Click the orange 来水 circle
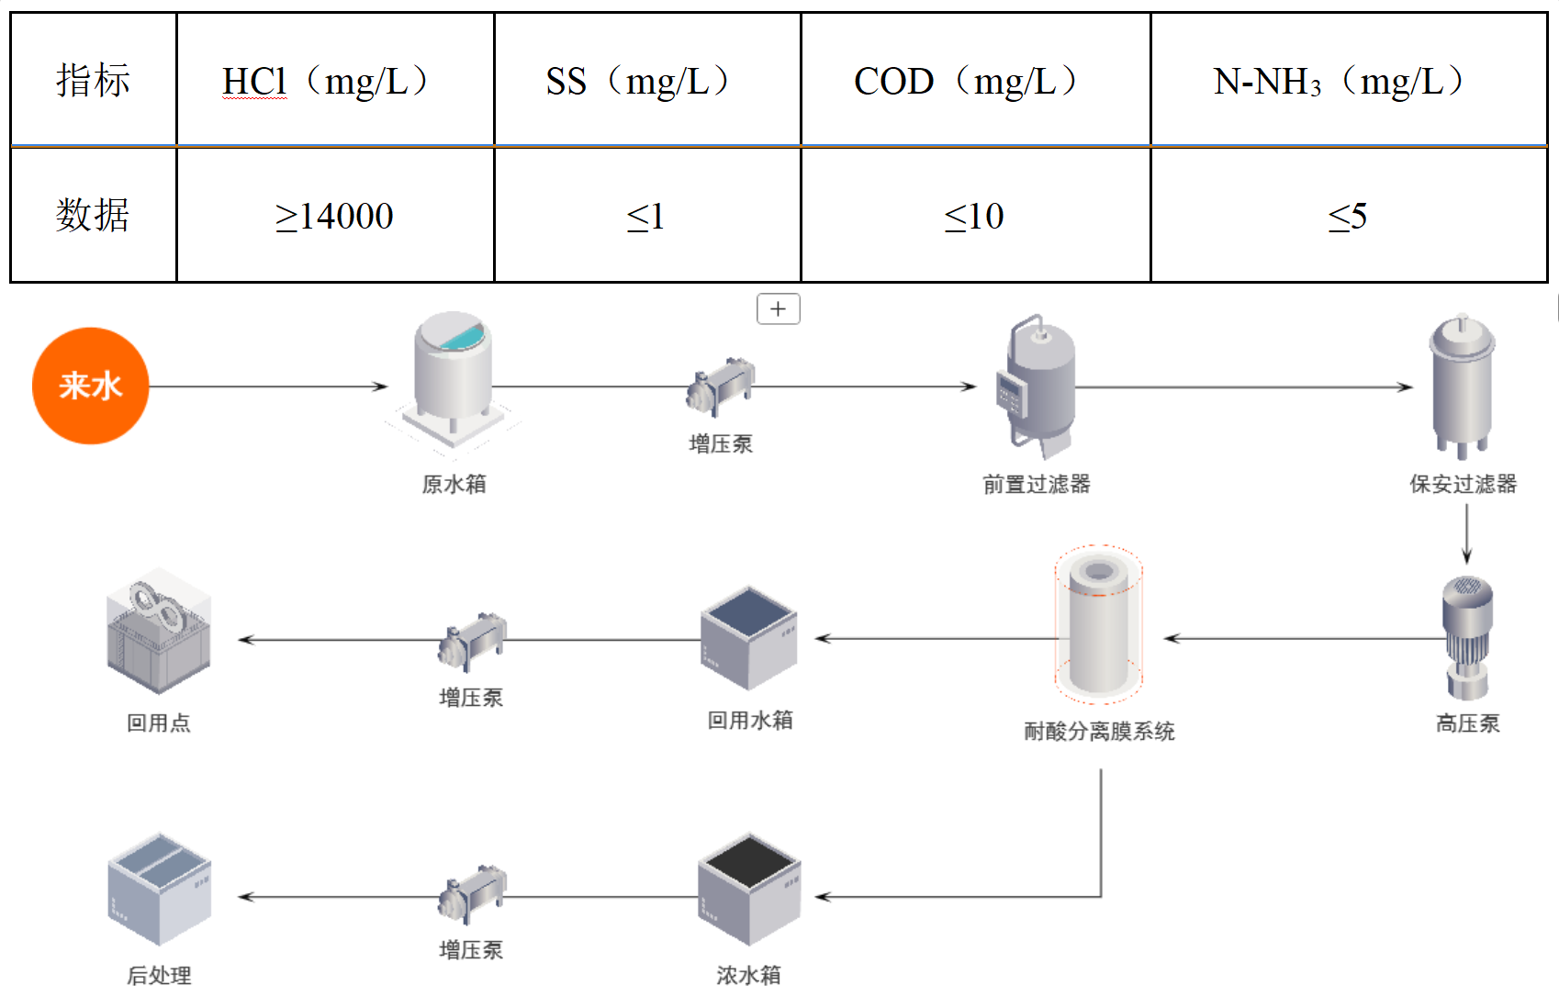point(90,386)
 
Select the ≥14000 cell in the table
point(334,216)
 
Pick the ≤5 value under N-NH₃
point(1348,216)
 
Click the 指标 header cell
point(93,81)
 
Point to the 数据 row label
point(93,216)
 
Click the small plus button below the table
point(778,308)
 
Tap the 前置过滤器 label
point(1036,484)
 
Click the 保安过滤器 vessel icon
point(1462,386)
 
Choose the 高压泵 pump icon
point(1466,638)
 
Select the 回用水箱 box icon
point(748,638)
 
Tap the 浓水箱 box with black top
point(749,889)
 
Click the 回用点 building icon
point(159,633)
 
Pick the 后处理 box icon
point(159,889)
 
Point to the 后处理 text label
point(159,975)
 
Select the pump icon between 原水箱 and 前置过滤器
point(721,385)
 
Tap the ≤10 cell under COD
point(974,216)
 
